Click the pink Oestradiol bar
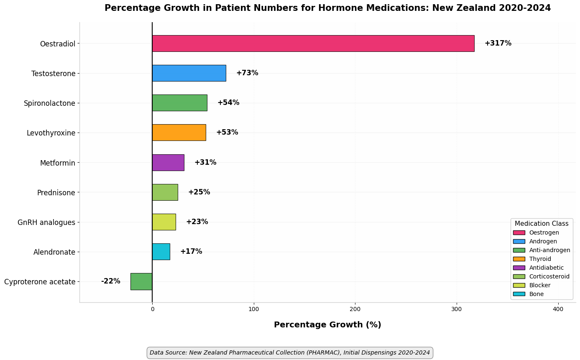click(313, 43)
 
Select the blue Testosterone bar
click(189, 73)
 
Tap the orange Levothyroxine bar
click(179, 133)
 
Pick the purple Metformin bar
click(168, 163)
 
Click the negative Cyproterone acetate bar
click(141, 281)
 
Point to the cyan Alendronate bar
click(161, 252)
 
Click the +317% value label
click(498, 43)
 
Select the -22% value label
click(110, 281)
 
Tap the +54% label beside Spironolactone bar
click(228, 102)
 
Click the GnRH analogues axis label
click(46, 222)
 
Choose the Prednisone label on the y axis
click(56, 193)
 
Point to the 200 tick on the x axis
click(355, 309)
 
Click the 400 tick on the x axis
click(558, 309)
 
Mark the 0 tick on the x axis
click(153, 309)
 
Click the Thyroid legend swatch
click(519, 259)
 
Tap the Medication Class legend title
click(542, 223)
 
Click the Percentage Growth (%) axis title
click(327, 324)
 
